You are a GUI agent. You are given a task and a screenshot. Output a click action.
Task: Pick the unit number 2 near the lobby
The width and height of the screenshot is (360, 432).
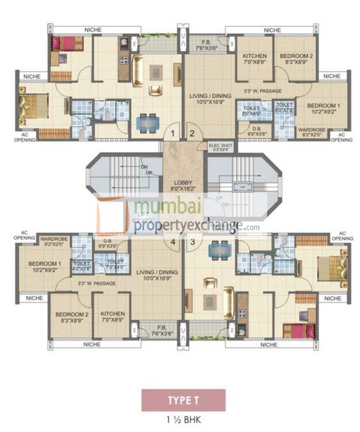[192, 134]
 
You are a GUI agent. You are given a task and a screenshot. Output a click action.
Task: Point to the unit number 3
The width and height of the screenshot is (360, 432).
[192, 242]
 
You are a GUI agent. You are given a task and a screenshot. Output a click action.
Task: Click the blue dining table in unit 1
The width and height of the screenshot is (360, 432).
[147, 120]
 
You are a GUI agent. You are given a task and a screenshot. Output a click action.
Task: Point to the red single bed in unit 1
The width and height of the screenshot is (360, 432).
[67, 44]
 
